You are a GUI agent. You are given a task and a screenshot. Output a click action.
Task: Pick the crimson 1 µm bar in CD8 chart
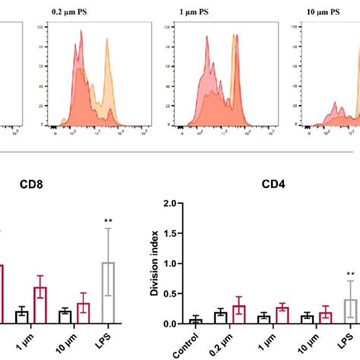click(40, 305)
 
